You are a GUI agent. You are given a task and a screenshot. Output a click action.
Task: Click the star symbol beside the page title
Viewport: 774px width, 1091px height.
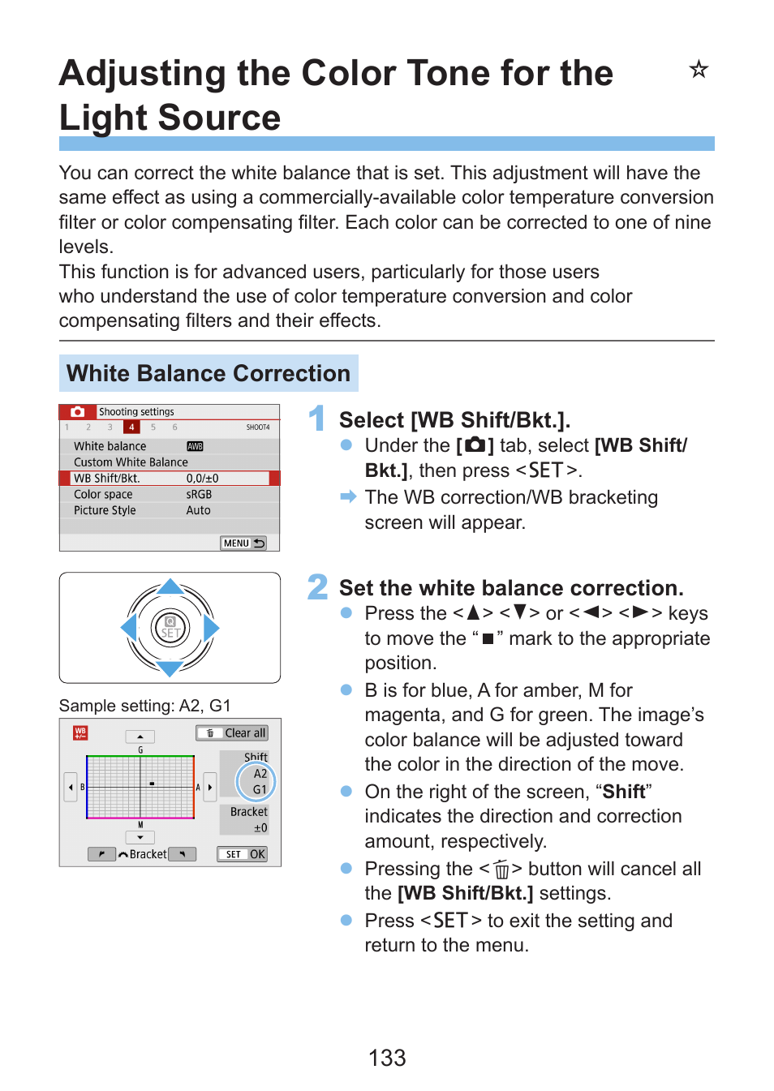tap(699, 70)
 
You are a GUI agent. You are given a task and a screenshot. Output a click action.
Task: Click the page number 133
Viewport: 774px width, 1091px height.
tap(387, 1058)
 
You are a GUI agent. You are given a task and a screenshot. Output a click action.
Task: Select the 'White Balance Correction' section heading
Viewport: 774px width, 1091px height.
tap(209, 373)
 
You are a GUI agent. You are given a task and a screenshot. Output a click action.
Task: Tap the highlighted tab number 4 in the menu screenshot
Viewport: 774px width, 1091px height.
tap(131, 427)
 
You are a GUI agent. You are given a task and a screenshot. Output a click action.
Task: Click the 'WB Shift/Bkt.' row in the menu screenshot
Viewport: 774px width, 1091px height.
tap(169, 479)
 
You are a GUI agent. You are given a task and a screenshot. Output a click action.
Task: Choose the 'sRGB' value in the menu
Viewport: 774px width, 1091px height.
tap(199, 494)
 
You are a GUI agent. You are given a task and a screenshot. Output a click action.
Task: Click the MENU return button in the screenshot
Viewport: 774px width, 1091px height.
tap(243, 543)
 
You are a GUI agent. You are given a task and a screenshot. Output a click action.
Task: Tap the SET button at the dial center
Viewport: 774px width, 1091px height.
tap(170, 629)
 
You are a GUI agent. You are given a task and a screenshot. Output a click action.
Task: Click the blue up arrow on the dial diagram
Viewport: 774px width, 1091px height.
tap(170, 586)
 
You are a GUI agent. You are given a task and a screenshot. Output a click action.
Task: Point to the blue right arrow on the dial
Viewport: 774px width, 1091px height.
tap(211, 628)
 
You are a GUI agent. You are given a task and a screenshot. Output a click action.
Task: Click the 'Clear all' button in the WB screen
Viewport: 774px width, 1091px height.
tap(232, 732)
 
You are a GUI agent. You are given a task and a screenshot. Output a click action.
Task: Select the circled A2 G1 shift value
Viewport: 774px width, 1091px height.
tap(257, 781)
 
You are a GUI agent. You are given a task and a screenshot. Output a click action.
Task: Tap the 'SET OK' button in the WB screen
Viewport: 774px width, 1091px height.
tap(242, 854)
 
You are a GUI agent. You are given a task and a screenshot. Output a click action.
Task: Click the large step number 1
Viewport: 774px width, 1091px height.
tap(317, 419)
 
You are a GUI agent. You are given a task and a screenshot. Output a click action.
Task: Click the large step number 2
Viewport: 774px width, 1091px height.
tap(317, 587)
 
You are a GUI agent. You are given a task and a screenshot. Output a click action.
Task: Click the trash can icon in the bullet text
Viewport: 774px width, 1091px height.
tap(501, 870)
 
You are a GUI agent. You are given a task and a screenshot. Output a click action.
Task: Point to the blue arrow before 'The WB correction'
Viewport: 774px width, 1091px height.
tap(348, 496)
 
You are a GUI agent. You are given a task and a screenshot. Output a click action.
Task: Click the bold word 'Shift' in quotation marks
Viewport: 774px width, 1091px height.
tap(624, 792)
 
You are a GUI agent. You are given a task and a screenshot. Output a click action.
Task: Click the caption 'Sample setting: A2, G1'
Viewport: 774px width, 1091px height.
tap(145, 706)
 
